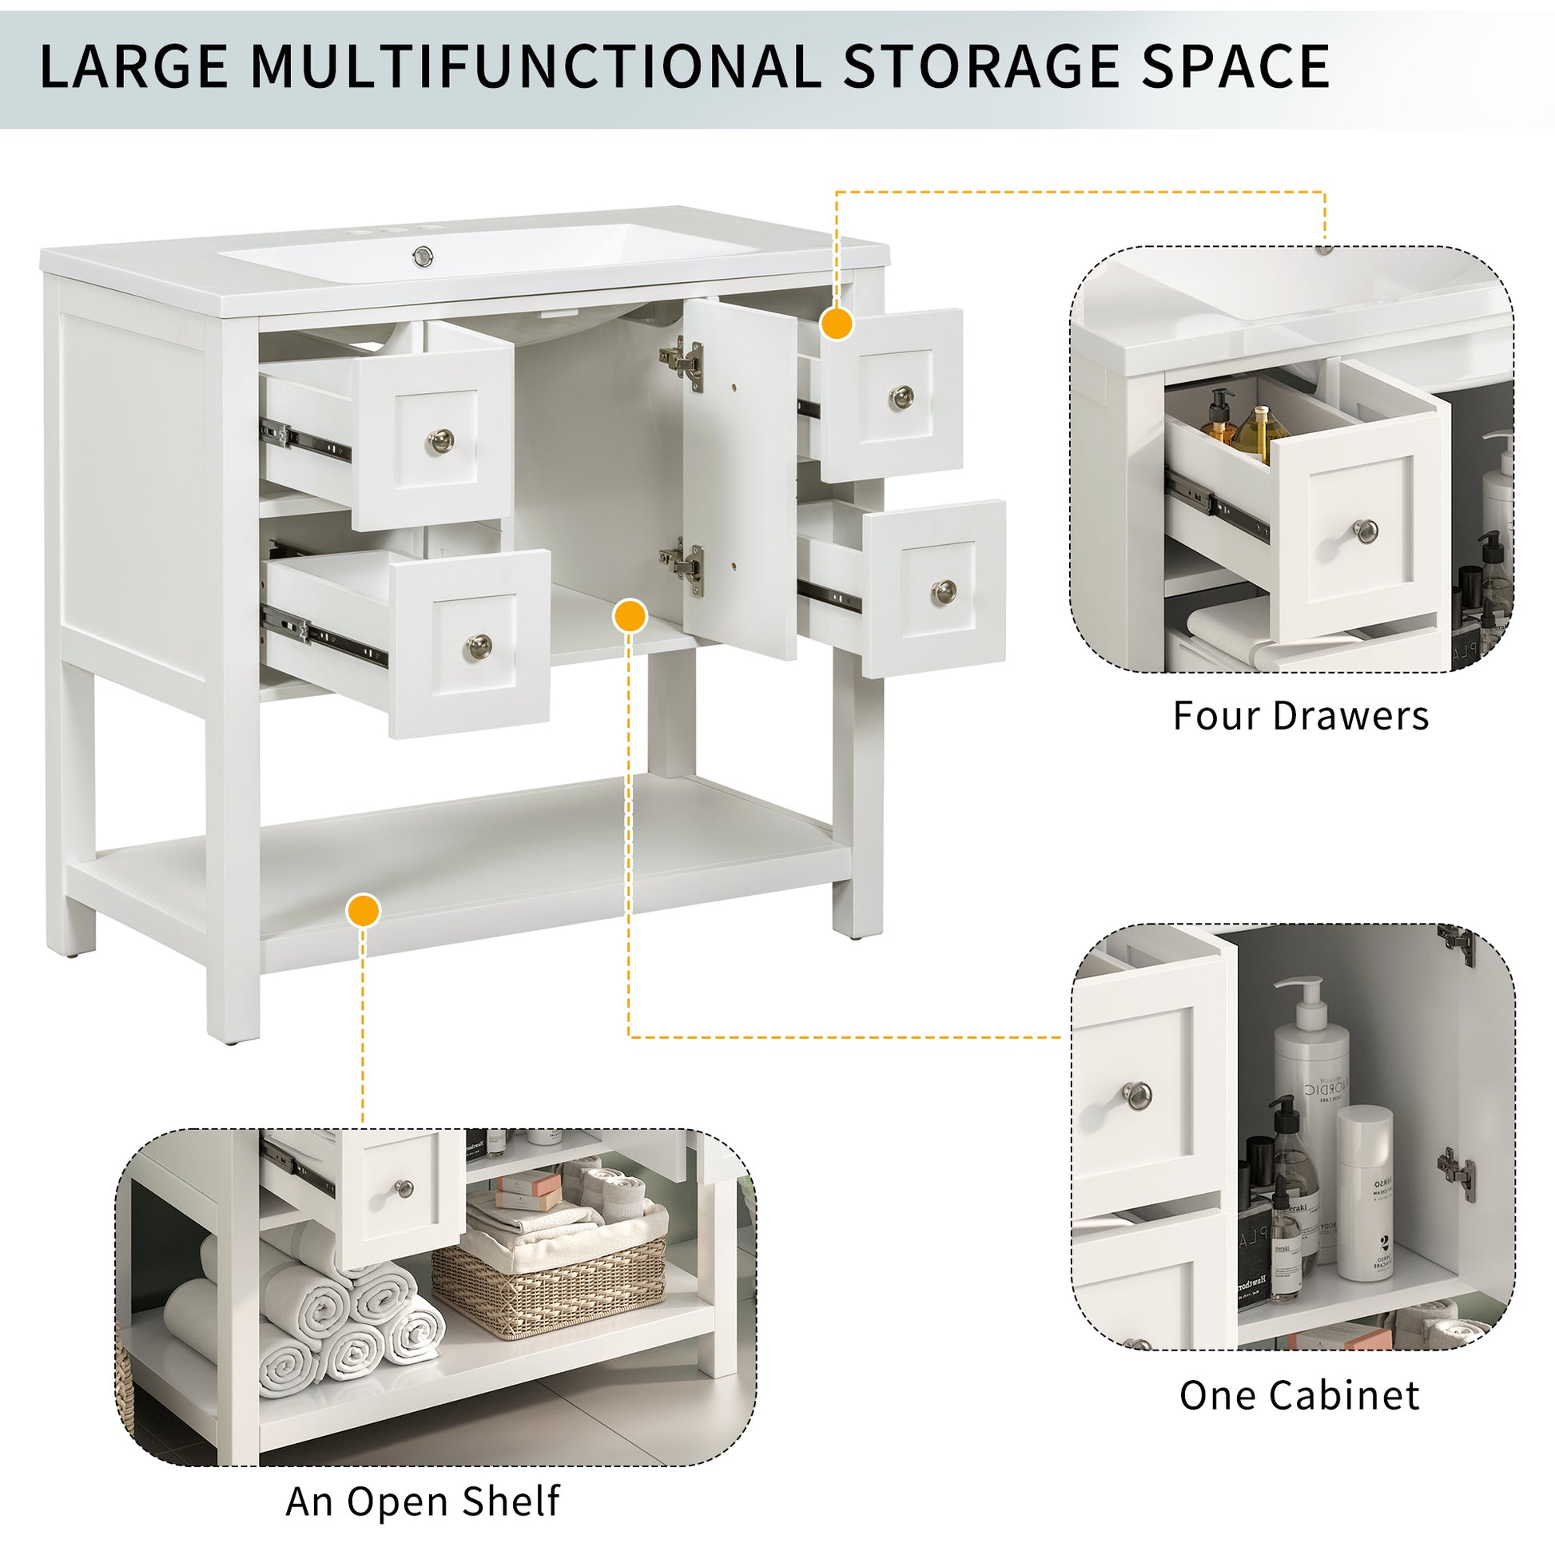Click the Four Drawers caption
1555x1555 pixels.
(x=1300, y=715)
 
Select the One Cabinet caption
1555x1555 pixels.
(x=1299, y=1396)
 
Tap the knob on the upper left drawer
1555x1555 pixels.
(x=440, y=440)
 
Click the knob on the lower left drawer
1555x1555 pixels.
(x=479, y=646)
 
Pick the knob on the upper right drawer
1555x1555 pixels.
(x=901, y=396)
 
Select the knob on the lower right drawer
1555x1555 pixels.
(x=943, y=591)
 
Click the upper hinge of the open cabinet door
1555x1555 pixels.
(x=682, y=363)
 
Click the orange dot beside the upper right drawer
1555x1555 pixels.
(x=837, y=324)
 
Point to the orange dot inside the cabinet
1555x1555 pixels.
(x=630, y=616)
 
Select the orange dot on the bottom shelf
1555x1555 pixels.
(x=363, y=910)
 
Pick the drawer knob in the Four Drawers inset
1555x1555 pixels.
(x=1365, y=531)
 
